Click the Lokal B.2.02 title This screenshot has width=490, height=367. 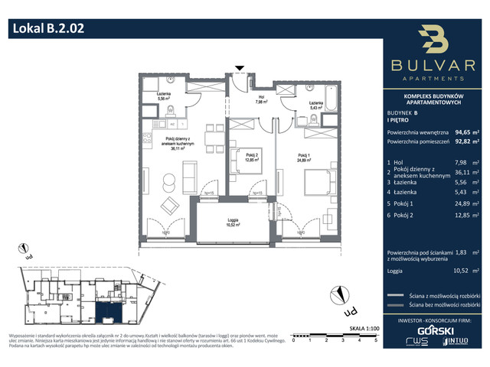48,30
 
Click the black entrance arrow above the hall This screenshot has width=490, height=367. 240,69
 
